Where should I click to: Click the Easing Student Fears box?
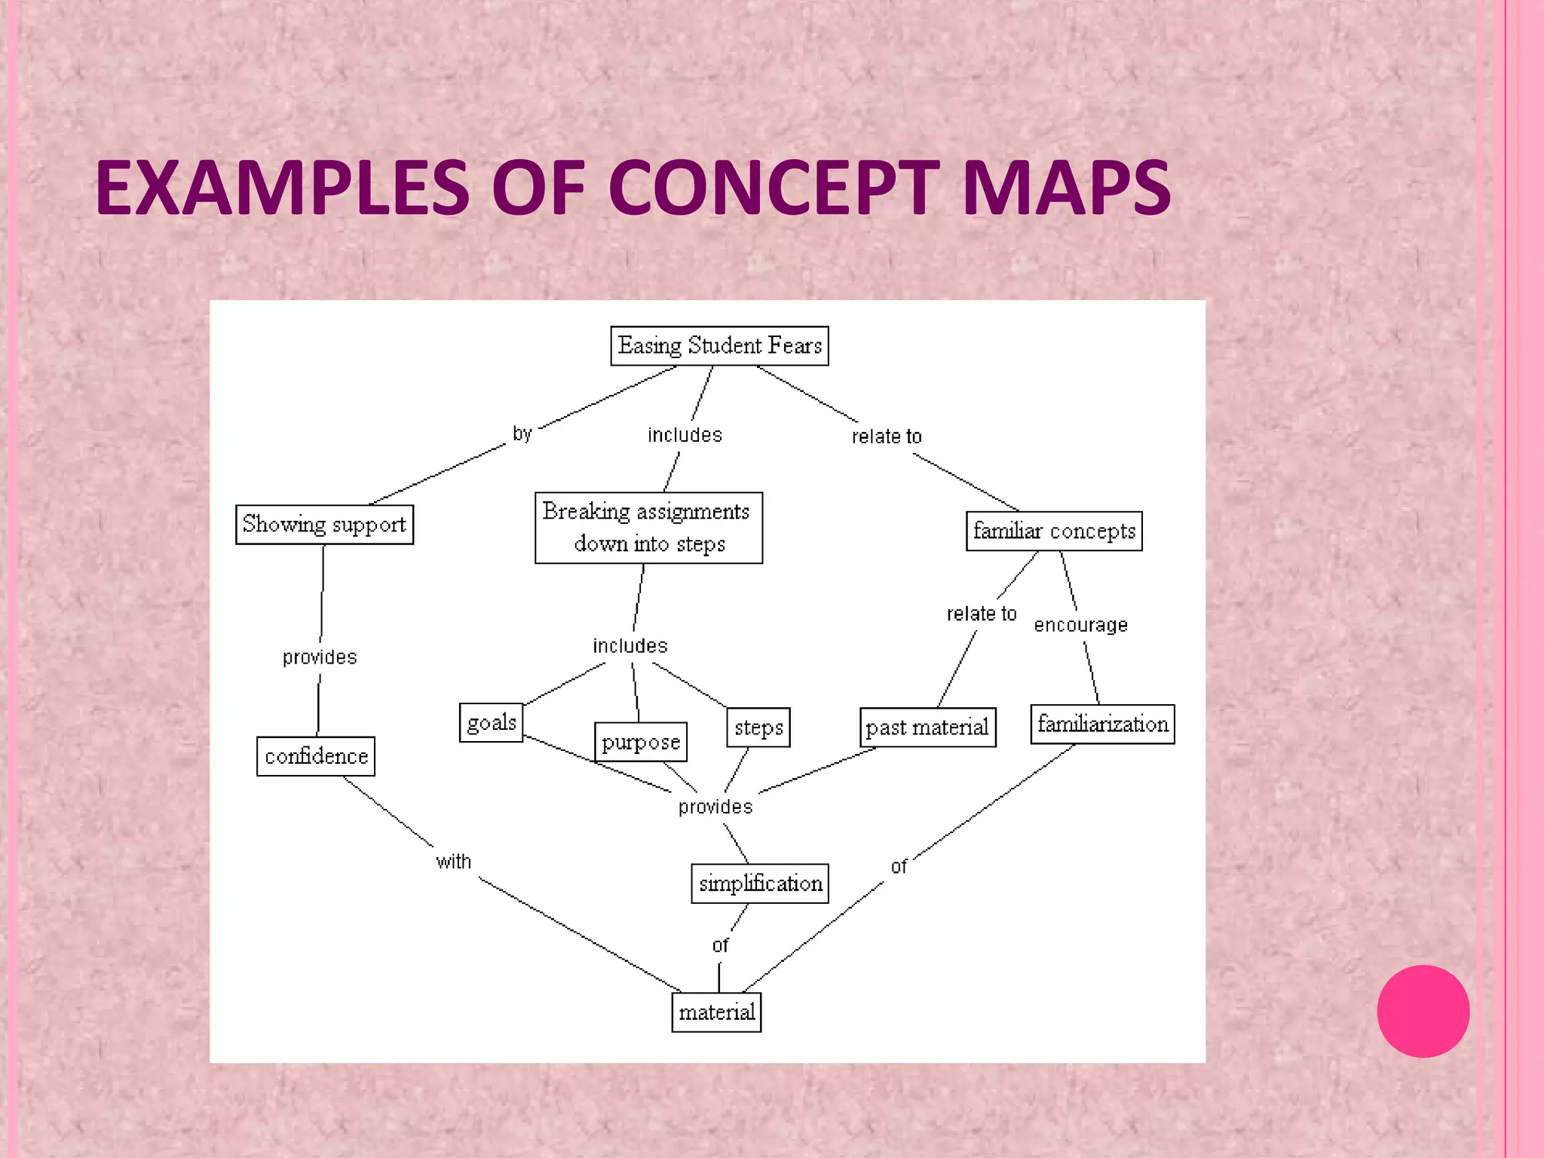tap(719, 346)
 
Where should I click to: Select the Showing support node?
tap(324, 525)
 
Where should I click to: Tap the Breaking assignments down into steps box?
tap(648, 528)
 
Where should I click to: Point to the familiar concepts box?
tap(1054, 532)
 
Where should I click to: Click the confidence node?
tap(316, 756)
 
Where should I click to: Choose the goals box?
tap(491, 723)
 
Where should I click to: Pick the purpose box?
tap(641, 742)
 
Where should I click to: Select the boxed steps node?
tap(758, 728)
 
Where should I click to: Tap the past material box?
tap(927, 728)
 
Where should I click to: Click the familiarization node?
tap(1102, 725)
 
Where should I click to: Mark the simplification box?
tap(760, 884)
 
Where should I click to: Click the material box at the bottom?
tap(716, 1012)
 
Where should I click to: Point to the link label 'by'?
tap(522, 433)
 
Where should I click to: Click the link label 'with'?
tap(453, 862)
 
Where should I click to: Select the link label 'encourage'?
tap(1080, 625)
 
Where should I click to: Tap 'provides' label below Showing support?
tap(320, 657)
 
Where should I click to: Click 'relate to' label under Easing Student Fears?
tap(887, 437)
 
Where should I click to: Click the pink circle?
tap(1423, 1011)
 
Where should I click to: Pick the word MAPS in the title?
tap(1066, 188)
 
